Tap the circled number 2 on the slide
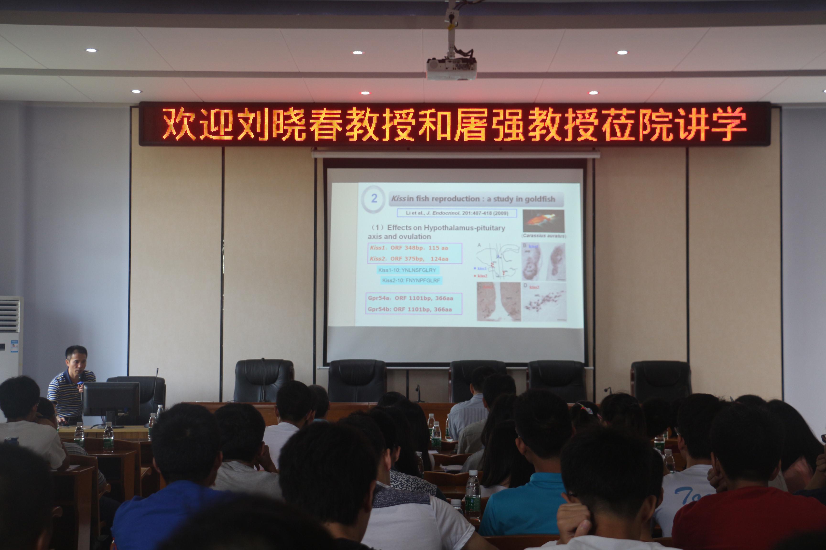point(374,199)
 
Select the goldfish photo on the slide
point(543,221)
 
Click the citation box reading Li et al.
point(456,213)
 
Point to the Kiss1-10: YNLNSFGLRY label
point(407,270)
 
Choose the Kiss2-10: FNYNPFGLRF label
point(411,280)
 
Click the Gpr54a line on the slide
point(410,298)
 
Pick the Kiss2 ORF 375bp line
point(409,259)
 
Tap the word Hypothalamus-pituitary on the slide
point(464,228)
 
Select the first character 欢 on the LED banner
point(179,124)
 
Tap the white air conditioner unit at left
point(11,337)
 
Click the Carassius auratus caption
point(544,236)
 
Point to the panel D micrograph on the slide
point(544,302)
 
